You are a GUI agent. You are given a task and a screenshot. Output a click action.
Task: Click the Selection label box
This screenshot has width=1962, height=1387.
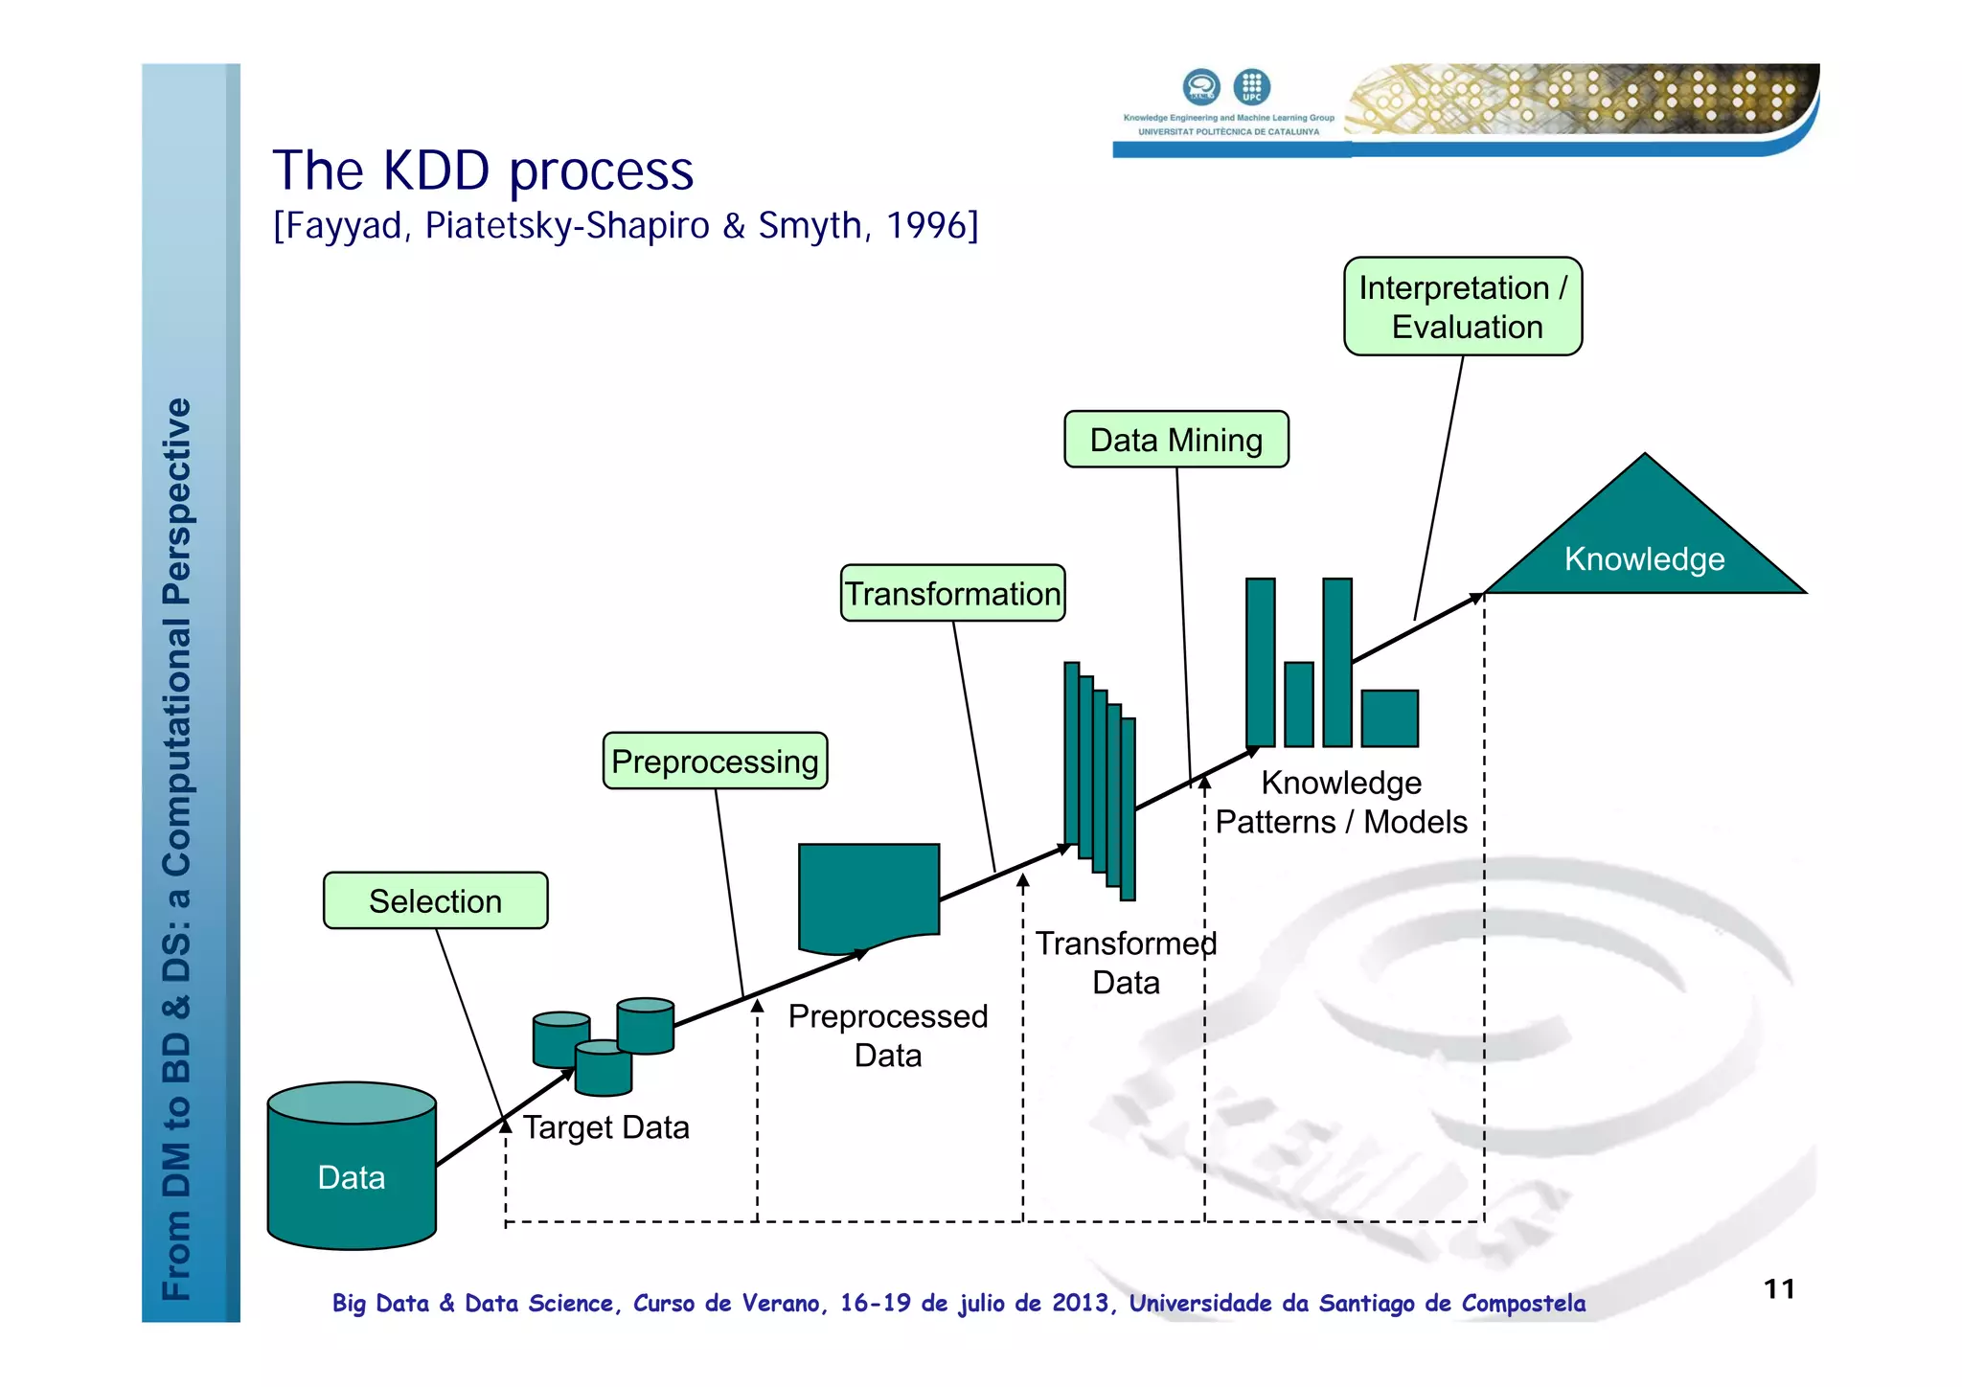435,900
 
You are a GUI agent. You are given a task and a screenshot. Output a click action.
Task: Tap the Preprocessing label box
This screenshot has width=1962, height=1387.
715,762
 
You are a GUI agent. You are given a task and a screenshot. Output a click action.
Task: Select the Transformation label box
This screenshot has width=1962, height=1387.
952,594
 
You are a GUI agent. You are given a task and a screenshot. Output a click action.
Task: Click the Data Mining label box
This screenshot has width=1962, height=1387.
1175,440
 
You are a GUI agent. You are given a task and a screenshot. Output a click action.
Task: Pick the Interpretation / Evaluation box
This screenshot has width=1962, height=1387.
1462,307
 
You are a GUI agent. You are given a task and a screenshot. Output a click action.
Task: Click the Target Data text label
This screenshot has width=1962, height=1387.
605,1127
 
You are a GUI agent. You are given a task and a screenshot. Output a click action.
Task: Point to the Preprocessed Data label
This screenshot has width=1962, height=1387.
887,1035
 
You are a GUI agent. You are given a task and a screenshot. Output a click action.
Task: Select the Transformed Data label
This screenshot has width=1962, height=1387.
1126,963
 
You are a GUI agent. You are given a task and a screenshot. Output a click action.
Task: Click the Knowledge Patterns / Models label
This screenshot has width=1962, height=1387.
1340,803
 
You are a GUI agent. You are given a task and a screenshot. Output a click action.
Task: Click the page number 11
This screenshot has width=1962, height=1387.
1779,1289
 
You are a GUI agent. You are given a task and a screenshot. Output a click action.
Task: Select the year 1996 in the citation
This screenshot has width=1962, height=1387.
926,226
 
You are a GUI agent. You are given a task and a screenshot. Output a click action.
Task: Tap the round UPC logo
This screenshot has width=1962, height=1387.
1251,87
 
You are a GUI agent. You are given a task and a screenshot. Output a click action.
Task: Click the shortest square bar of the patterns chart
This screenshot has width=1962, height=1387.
1389,717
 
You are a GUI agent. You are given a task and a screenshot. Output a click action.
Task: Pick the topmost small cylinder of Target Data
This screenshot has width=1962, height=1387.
646,1024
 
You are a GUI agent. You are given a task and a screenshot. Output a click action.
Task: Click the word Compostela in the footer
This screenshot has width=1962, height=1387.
1523,1304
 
